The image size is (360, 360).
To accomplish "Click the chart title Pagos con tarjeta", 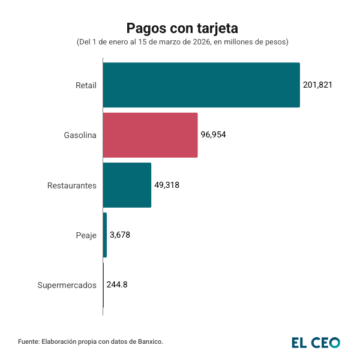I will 182,28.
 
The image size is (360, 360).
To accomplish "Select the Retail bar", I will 201,85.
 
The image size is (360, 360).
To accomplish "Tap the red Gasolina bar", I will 150,135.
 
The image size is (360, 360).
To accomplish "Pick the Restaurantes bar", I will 127,185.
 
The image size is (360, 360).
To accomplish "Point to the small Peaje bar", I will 105,235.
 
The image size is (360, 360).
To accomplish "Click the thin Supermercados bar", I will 103,285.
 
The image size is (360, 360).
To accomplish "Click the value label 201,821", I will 317,85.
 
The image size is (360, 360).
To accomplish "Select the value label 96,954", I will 214,135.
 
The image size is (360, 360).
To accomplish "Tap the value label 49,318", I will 167,185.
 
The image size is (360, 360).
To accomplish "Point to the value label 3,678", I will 120,235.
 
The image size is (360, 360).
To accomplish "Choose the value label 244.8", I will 117,285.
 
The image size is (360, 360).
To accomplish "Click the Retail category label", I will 86,85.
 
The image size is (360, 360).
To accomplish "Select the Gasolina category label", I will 80,135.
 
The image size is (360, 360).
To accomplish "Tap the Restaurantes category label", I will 72,185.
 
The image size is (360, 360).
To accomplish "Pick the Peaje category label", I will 86,235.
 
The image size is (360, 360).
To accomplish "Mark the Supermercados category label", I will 67,286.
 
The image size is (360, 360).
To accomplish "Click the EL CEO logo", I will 316,343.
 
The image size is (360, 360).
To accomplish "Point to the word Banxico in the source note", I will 148,341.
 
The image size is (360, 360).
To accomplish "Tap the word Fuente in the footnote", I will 28,341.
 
